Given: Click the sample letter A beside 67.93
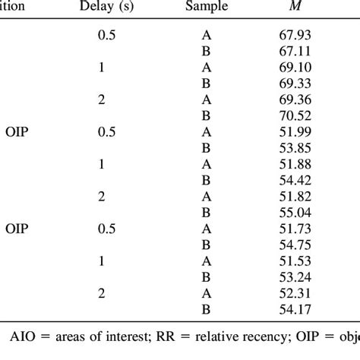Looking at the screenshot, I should (207, 36).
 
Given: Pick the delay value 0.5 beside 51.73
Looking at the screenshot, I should (106, 227).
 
